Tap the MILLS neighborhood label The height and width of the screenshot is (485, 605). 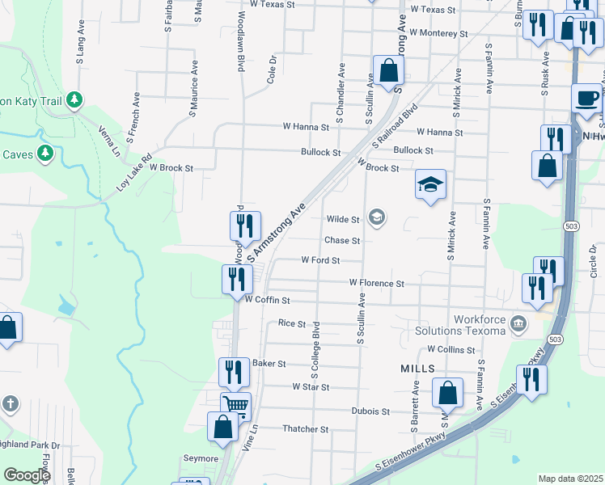tap(417, 368)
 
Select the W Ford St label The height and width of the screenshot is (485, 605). tap(320, 260)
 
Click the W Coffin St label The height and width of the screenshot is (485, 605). tap(267, 300)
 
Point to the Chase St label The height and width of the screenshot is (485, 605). tap(342, 240)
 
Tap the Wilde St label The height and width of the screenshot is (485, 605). tap(343, 219)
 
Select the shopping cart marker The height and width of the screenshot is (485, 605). tap(235, 406)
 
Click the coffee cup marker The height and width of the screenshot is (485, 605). tap(586, 99)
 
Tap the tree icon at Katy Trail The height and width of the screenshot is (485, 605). tap(74, 99)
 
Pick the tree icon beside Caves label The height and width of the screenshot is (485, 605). tap(46, 152)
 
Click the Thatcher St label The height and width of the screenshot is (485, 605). tap(306, 429)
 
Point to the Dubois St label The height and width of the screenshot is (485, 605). tap(371, 411)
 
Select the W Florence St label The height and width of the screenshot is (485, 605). tap(376, 283)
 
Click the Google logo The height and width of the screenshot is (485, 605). tap(27, 475)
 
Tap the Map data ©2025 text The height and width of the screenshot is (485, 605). tap(570, 479)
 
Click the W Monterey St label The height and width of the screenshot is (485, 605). tap(438, 33)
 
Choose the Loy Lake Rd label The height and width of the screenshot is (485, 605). tap(134, 172)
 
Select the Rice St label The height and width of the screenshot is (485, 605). tap(291, 323)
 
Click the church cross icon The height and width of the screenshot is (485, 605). tap(10, 403)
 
